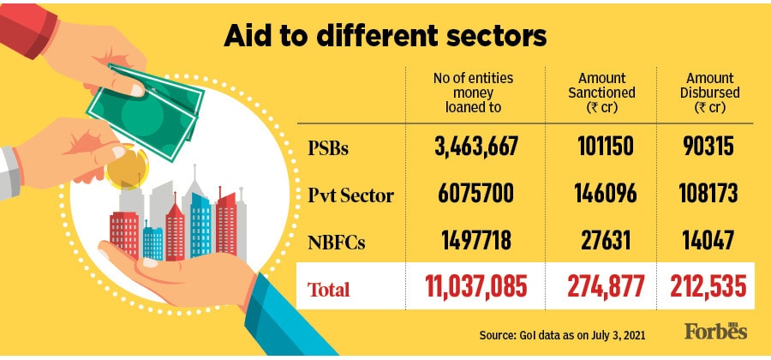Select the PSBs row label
[330, 147]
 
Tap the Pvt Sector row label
[351, 195]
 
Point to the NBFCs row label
[336, 243]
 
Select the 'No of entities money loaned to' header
[473, 93]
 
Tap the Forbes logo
[715, 331]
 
